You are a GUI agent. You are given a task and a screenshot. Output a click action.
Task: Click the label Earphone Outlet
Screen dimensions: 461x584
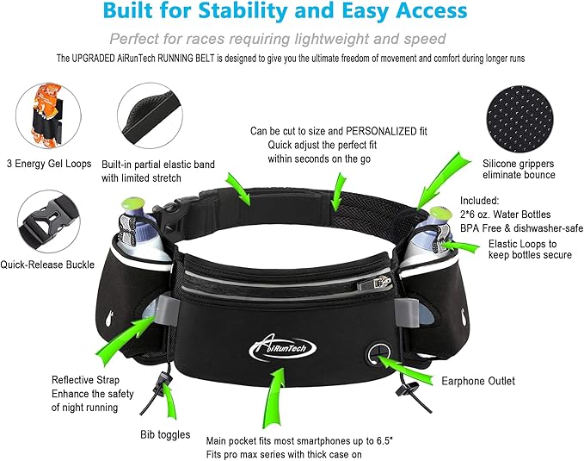coord(478,380)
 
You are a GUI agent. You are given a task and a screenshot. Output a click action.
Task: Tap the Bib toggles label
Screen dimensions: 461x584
coord(164,434)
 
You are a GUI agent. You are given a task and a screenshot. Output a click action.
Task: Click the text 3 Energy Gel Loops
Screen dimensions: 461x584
coord(50,164)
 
